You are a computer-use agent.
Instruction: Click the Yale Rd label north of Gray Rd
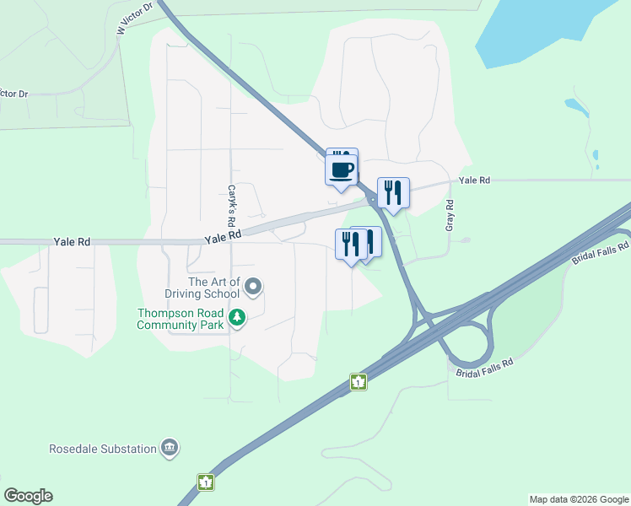tap(474, 180)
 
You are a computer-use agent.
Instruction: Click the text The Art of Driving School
tap(214, 288)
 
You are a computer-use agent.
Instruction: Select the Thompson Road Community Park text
tap(181, 318)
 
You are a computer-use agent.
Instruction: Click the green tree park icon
tap(238, 318)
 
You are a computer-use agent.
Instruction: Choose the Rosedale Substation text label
tap(103, 449)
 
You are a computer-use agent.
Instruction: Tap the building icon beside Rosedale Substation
tap(170, 448)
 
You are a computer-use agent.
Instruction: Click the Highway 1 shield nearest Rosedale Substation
tap(205, 482)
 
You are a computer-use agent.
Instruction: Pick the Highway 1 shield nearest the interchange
tap(359, 382)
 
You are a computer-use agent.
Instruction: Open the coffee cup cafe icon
tap(342, 170)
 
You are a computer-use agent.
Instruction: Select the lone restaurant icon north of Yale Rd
tap(392, 192)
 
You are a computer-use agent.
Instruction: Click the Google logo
tap(28, 496)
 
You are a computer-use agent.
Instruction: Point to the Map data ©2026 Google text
tap(580, 499)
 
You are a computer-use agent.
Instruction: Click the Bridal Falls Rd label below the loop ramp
tap(485, 368)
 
